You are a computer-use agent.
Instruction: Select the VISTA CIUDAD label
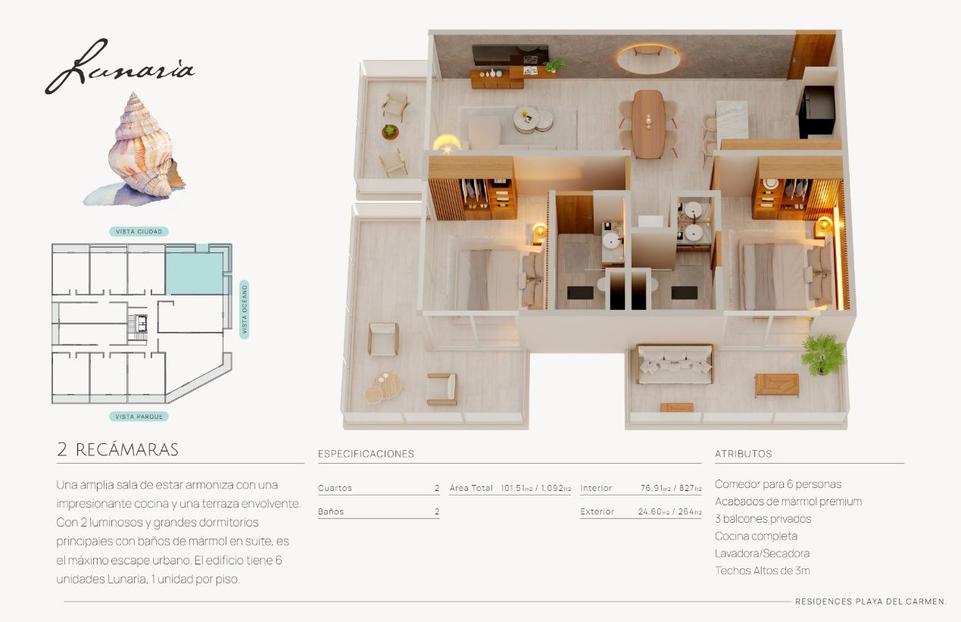pyautogui.click(x=139, y=232)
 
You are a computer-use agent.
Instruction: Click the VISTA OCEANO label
pyautogui.click(x=244, y=310)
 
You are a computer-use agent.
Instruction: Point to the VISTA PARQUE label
pyautogui.click(x=139, y=417)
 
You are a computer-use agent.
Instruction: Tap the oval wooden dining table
pyautogui.click(x=648, y=123)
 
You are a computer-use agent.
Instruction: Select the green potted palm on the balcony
pyautogui.click(x=822, y=355)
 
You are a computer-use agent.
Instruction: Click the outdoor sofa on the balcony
pyautogui.click(x=675, y=364)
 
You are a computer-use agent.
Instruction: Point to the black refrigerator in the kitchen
pyautogui.click(x=817, y=111)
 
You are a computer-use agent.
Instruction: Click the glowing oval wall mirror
pyautogui.click(x=648, y=59)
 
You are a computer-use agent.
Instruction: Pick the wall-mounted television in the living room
pyautogui.click(x=510, y=55)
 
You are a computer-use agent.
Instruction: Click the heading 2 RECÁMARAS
pyautogui.click(x=117, y=449)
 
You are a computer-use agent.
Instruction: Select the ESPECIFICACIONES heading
pyautogui.click(x=366, y=454)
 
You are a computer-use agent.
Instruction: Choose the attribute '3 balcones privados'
pyautogui.click(x=763, y=518)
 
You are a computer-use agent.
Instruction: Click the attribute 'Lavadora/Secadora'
pyautogui.click(x=762, y=553)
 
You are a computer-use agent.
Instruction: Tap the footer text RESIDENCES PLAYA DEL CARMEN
pyautogui.click(x=870, y=602)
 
